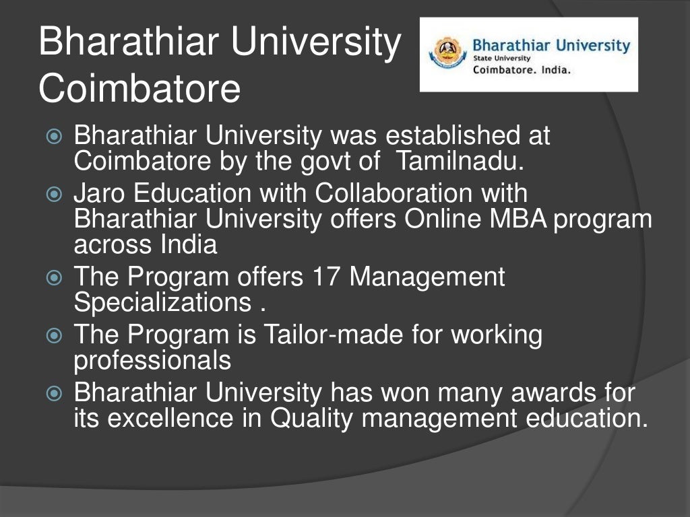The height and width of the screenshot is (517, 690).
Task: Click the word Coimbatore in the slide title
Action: click(x=139, y=89)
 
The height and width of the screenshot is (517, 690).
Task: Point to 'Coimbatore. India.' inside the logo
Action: click(x=522, y=70)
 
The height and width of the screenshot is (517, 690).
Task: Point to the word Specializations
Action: click(x=163, y=303)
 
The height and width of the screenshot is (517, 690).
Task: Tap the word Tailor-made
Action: click(x=354, y=335)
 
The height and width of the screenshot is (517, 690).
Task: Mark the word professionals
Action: click(x=152, y=361)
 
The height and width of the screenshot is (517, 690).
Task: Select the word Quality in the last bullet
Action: click(x=312, y=419)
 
